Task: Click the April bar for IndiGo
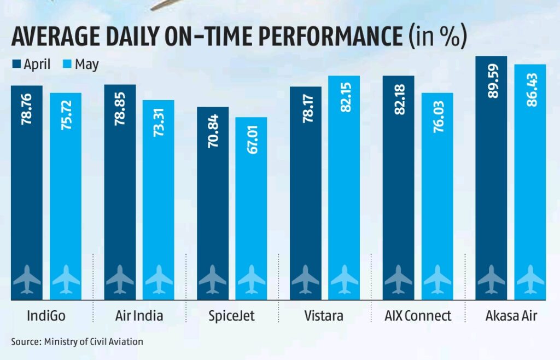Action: tap(27, 191)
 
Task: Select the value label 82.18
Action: tap(399, 99)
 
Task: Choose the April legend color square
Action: tap(16, 65)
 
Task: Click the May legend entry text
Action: tap(86, 65)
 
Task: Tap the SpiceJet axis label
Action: tap(232, 316)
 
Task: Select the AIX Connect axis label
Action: tap(418, 316)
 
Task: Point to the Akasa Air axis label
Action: tap(510, 316)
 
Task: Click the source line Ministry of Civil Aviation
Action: tap(77, 342)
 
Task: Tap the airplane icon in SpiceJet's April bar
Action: tap(212, 279)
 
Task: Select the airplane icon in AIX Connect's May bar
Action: tap(437, 279)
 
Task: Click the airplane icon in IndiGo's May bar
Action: tap(66, 279)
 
